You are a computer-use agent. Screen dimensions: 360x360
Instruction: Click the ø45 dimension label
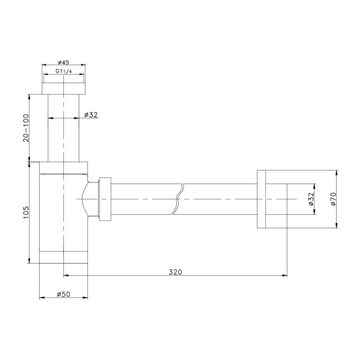[x=63, y=62]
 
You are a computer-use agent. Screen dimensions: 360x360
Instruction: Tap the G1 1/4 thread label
[x=64, y=71]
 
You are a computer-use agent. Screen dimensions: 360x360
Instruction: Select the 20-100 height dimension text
[x=26, y=128]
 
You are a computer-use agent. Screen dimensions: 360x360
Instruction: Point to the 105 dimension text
[x=26, y=212]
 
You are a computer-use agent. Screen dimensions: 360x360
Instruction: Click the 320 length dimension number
[x=175, y=272]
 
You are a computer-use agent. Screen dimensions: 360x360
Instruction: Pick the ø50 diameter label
[x=63, y=294]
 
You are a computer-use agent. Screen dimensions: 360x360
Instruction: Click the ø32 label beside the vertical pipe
[x=91, y=115]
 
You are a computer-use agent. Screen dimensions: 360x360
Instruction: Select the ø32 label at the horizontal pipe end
[x=311, y=199]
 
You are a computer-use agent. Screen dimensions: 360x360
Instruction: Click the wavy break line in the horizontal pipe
[x=178, y=199]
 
